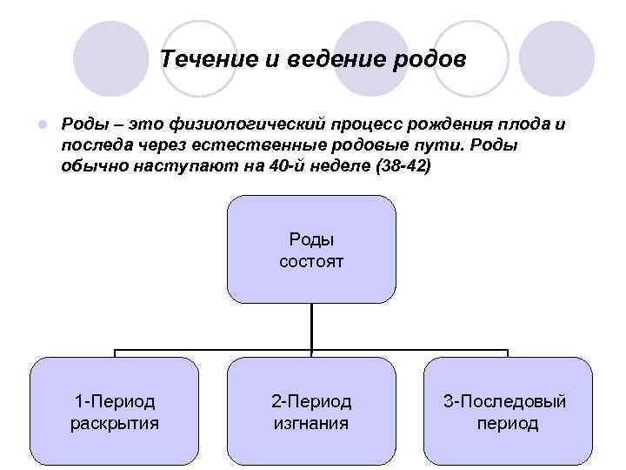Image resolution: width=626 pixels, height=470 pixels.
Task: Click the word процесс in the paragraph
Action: tap(359, 124)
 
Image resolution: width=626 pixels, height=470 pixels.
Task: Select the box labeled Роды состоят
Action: tap(311, 249)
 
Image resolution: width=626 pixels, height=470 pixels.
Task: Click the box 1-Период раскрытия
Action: tap(115, 412)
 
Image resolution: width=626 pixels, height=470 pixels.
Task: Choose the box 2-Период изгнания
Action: tap(311, 412)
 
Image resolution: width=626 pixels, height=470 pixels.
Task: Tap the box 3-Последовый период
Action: tap(507, 412)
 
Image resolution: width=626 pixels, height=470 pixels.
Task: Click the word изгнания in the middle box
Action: tap(311, 424)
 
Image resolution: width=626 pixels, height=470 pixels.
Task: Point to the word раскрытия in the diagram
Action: tap(115, 424)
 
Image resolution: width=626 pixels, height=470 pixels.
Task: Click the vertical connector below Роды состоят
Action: tap(311, 326)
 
